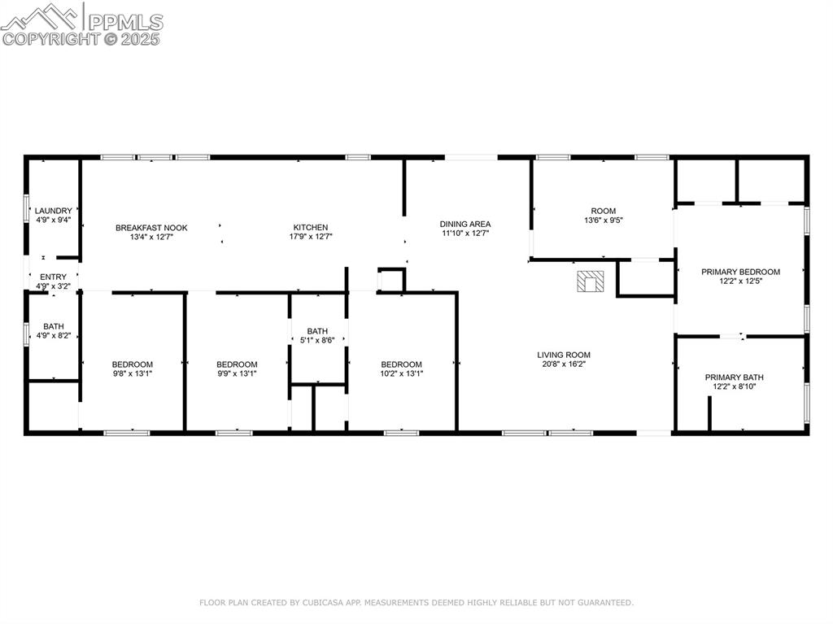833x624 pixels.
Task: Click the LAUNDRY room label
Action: point(53,211)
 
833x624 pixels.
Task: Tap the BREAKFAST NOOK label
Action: point(151,228)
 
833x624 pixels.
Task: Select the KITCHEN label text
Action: point(311,228)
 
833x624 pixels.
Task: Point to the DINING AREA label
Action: point(465,225)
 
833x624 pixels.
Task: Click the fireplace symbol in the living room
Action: point(591,281)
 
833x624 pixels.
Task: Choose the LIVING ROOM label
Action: point(564,355)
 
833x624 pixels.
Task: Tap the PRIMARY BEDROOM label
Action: point(740,273)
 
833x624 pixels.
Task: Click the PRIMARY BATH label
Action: point(735,377)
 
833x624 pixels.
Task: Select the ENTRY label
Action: point(53,277)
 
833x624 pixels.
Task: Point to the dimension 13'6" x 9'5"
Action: point(604,220)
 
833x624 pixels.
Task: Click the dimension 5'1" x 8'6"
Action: point(317,340)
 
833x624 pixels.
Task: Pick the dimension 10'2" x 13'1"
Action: point(402,373)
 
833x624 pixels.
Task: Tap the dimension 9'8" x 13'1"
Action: point(133,373)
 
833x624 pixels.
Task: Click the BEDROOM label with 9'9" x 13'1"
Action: point(237,364)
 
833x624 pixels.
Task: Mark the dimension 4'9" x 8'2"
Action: point(54,336)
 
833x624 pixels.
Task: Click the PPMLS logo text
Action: point(125,22)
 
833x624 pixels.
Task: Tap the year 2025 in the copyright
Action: point(140,39)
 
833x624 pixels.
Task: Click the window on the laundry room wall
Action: point(25,207)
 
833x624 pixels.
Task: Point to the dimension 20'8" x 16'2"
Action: point(564,364)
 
